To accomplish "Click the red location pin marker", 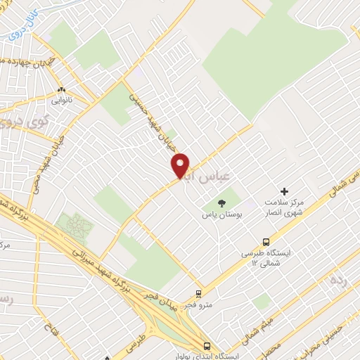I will [181, 165].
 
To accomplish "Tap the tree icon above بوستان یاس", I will [222, 202].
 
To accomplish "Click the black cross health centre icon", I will [284, 191].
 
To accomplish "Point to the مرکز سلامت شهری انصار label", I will [285, 208].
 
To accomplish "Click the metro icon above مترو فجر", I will [199, 294].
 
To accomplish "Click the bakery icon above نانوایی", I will [62, 89].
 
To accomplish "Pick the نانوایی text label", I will [60, 100].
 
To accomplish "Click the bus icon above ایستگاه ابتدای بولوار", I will [207, 345].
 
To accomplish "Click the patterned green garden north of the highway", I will [74, 226].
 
